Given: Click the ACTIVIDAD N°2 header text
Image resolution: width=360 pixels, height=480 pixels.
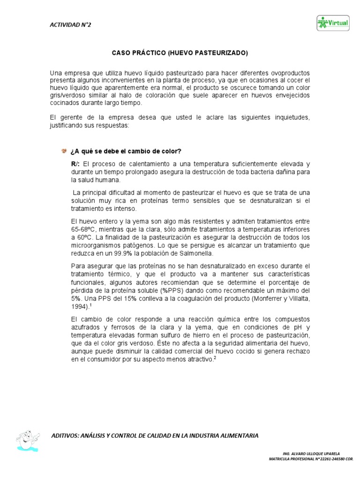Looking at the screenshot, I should (70, 25).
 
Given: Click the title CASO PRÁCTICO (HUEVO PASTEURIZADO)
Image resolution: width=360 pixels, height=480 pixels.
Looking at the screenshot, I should (180, 53).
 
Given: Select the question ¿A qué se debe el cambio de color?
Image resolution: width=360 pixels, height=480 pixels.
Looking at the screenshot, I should (126, 151).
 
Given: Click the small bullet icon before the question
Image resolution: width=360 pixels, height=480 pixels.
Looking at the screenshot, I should (64, 150).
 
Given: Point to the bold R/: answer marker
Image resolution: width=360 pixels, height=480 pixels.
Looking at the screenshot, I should (75, 164).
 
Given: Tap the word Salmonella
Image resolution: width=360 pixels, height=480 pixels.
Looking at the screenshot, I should (197, 254).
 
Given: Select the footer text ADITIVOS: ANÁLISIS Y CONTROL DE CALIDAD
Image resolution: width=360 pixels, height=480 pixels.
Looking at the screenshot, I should (155, 435).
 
